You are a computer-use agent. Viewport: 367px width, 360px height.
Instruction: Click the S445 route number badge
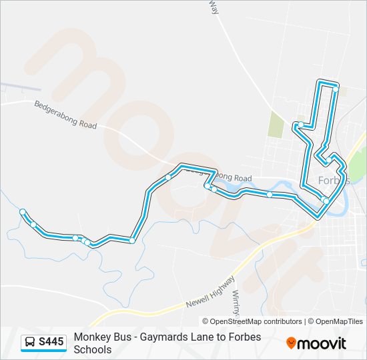point(51,342)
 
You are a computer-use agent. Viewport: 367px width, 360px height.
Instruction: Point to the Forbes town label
point(334,181)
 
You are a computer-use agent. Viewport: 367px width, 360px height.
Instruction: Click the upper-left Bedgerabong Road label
point(65,114)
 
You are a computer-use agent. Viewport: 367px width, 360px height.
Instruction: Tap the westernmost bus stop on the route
point(23,212)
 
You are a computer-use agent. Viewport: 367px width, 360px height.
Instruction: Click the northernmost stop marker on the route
point(336,89)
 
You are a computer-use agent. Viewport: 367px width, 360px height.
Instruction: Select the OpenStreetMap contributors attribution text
point(253,321)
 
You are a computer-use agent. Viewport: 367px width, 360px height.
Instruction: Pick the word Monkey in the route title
point(92,337)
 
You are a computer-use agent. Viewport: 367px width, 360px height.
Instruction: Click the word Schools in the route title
point(93,349)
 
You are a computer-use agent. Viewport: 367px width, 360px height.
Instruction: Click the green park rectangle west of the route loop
point(276,125)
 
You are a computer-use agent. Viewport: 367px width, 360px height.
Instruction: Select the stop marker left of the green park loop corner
point(301,125)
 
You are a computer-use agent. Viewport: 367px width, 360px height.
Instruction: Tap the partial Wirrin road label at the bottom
point(235,295)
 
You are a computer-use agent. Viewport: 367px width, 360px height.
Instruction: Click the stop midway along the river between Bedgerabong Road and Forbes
point(270,195)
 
